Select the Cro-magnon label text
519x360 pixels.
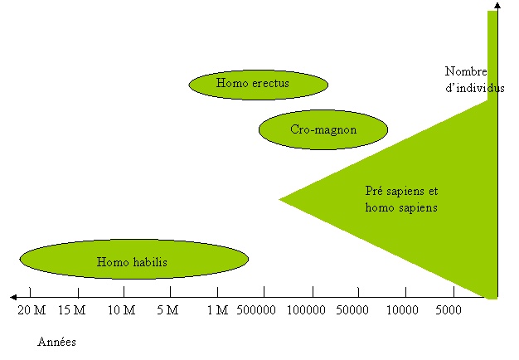[323, 129]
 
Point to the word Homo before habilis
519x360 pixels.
[112, 262]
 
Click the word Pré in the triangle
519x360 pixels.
[375, 190]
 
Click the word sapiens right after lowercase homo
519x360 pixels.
[419, 207]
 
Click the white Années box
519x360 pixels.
[59, 343]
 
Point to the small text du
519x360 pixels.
[492, 87]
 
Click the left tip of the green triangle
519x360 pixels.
[280, 199]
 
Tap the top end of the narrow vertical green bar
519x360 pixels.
[492, 12]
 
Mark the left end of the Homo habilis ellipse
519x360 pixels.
[22, 260]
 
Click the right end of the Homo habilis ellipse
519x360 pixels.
[246, 260]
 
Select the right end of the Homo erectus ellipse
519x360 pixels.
[327, 85]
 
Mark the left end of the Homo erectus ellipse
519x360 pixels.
[191, 85]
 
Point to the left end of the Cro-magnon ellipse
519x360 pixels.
[260, 130]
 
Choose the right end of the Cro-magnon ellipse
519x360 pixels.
[386, 130]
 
